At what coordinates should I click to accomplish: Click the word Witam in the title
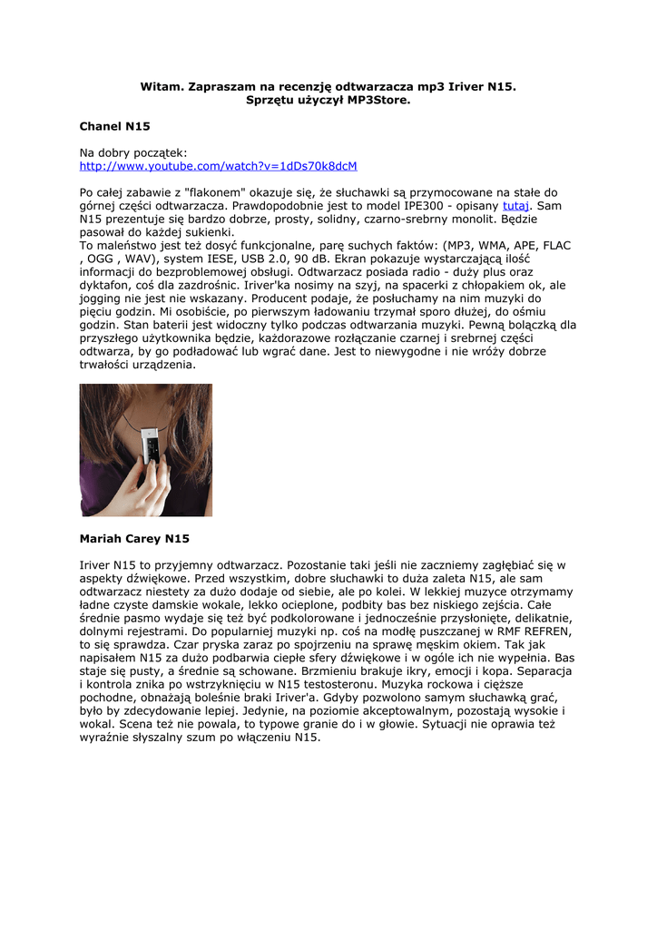tap(160, 86)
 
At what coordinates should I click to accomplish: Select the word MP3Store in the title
tap(378, 100)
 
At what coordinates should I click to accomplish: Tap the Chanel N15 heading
tap(115, 126)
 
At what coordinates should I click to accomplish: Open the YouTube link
tap(218, 166)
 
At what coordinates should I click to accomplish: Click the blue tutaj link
tap(515, 206)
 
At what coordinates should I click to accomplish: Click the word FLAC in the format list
tap(556, 245)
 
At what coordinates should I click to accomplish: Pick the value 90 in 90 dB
tap(299, 259)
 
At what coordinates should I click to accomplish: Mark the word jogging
tap(103, 298)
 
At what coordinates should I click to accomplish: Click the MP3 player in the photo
tap(154, 450)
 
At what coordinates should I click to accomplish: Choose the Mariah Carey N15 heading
tap(134, 539)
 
